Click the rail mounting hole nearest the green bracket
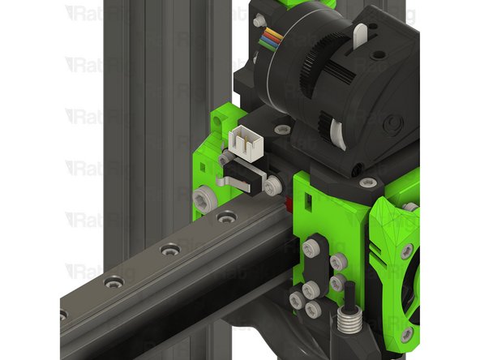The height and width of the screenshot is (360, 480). [227, 217]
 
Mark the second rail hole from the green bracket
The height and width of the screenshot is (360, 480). [169, 250]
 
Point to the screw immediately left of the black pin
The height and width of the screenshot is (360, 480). [335, 283]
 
